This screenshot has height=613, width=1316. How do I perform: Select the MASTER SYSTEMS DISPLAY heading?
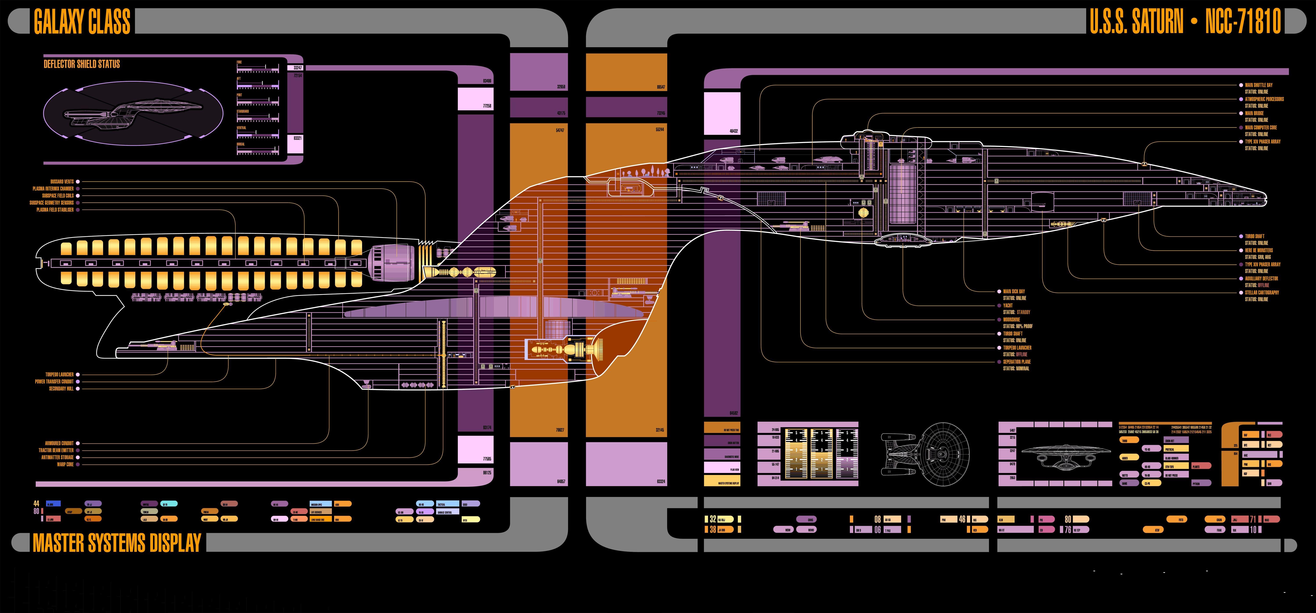(x=117, y=543)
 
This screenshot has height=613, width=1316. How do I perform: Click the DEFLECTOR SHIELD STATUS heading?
(x=82, y=64)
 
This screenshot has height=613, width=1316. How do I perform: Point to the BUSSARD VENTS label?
(x=62, y=181)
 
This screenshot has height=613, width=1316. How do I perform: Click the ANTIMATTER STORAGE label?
(x=57, y=457)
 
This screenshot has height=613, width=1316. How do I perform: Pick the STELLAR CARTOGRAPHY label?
(x=1262, y=293)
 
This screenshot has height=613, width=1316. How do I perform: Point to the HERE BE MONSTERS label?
(x=1259, y=250)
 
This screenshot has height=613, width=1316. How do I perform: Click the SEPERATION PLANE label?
(x=1017, y=362)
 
